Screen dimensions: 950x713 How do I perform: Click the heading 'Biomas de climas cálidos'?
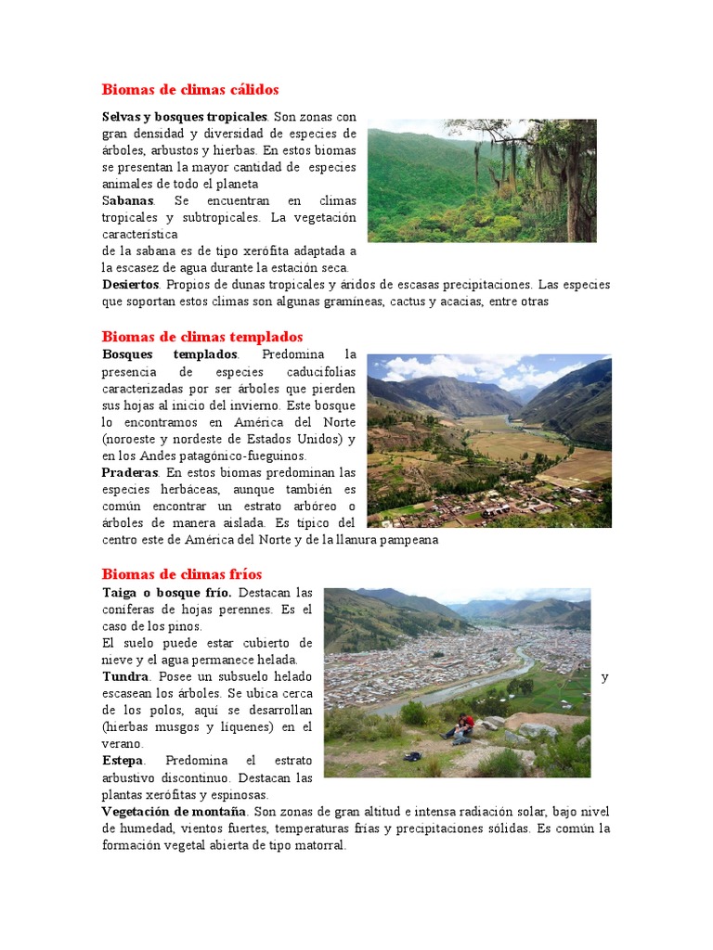pos(189,90)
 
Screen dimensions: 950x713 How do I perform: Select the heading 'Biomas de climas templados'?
pos(202,337)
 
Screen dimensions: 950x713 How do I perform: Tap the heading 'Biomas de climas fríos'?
pos(182,574)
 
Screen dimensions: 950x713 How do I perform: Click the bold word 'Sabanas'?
pos(128,200)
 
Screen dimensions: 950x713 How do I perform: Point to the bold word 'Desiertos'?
pos(131,285)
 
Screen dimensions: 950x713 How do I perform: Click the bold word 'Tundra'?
pos(124,676)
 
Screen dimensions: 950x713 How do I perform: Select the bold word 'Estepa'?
pos(123,760)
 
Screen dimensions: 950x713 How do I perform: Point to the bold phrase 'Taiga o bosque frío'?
pos(167,592)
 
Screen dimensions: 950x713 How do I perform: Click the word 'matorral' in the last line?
pos(318,845)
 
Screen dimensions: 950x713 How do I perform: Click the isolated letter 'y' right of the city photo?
pos(605,677)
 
